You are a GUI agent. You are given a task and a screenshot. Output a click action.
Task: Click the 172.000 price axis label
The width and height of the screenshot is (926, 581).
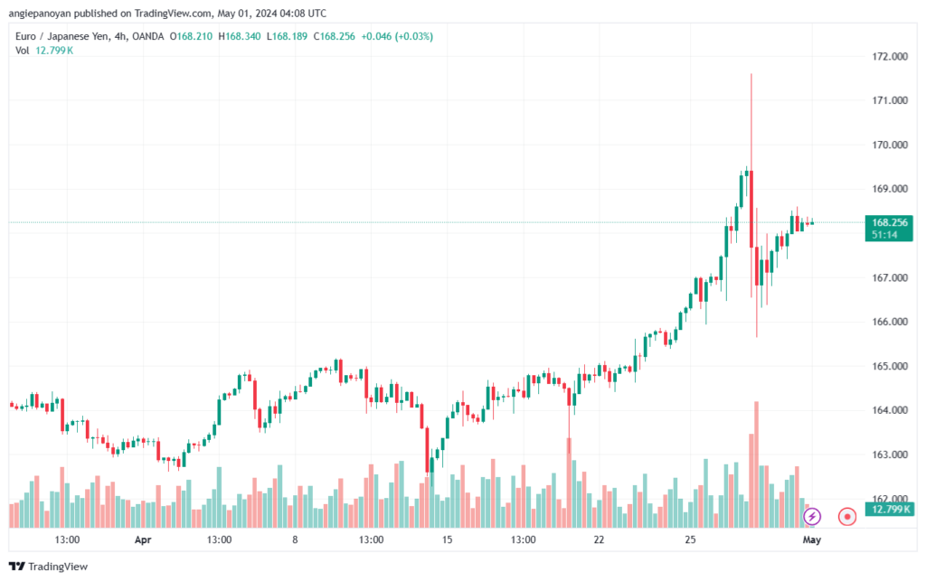[x=887, y=56]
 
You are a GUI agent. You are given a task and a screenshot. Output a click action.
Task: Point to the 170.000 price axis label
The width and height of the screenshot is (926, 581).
[x=887, y=145]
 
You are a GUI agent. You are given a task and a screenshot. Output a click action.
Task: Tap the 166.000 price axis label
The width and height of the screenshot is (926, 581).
[x=887, y=322]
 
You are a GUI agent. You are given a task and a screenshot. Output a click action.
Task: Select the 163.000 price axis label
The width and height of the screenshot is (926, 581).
[x=887, y=454]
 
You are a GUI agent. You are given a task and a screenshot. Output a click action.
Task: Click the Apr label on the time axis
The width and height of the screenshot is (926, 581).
[x=143, y=540]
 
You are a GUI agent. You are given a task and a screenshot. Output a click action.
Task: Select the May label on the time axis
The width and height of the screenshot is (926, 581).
[x=812, y=540]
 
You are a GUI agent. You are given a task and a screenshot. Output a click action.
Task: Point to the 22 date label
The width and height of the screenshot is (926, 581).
[x=599, y=540]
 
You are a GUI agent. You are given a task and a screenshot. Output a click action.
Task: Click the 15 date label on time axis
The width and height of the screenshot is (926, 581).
[x=447, y=540]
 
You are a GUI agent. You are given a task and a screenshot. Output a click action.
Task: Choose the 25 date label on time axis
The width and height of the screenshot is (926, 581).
[x=690, y=540]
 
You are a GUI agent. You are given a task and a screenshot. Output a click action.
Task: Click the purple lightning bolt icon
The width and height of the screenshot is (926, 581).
[x=812, y=517]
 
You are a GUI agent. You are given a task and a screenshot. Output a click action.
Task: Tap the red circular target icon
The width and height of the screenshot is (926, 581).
[x=847, y=517]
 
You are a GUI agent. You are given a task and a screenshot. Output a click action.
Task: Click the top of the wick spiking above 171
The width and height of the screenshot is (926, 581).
[x=751, y=74]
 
